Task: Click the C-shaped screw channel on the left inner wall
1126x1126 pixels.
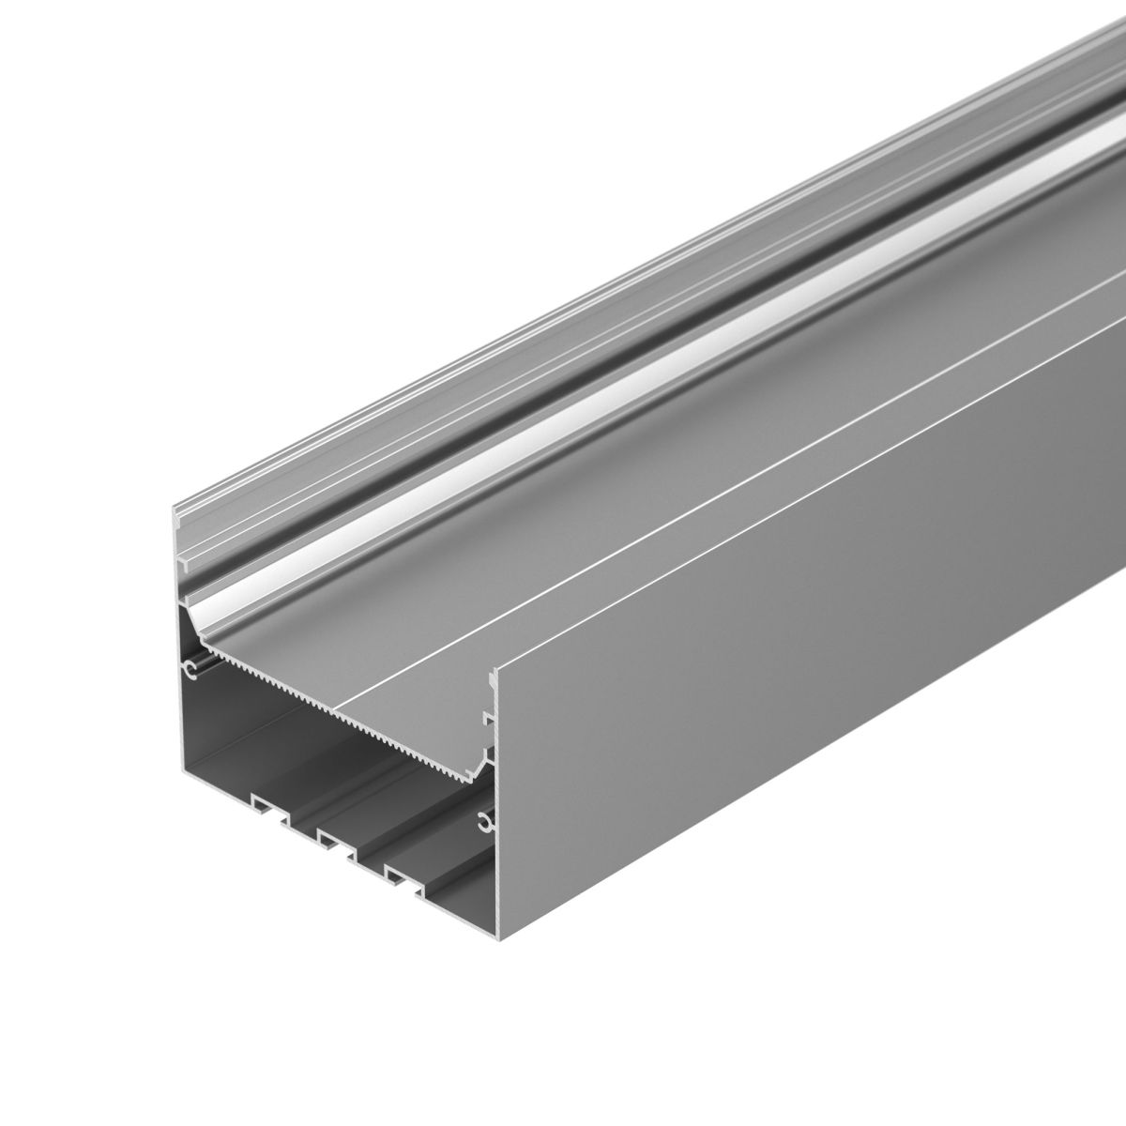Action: (x=190, y=670)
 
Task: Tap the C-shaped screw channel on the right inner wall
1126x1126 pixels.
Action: (x=485, y=823)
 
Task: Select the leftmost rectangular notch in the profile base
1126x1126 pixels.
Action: (x=266, y=804)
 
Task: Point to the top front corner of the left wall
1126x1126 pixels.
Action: (x=176, y=512)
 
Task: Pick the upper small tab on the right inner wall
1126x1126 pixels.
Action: (x=487, y=718)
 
